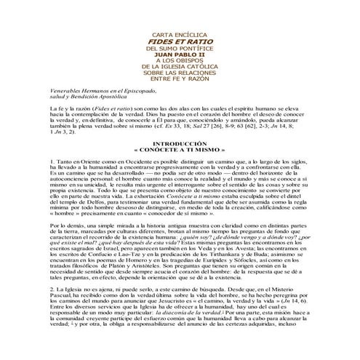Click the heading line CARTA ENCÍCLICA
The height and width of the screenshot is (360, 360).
click(180, 56)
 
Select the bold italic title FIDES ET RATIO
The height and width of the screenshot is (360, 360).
click(180, 63)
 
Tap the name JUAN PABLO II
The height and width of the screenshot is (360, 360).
click(180, 76)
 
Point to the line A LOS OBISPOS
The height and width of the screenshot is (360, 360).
click(180, 82)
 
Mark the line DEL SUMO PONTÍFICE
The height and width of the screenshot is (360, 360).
click(180, 69)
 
